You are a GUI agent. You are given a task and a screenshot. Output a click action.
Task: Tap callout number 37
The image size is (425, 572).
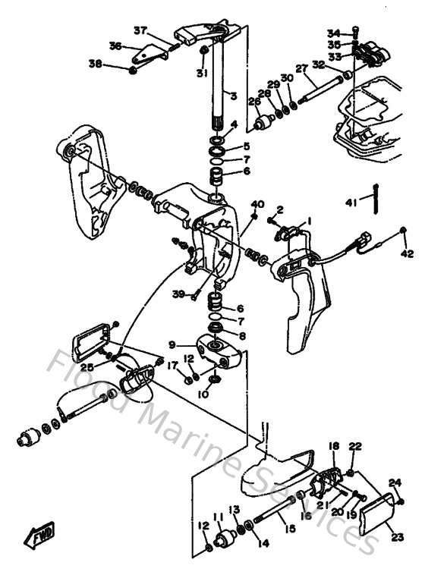(140, 30)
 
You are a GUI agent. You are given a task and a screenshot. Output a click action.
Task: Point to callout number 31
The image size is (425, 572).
(201, 74)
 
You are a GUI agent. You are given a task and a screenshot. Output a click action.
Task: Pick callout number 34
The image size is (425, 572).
(335, 33)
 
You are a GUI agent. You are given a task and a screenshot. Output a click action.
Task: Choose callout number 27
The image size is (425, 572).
(301, 69)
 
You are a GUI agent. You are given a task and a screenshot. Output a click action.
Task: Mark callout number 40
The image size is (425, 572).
(258, 204)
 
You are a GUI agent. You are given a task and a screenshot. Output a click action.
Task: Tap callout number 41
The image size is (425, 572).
(351, 203)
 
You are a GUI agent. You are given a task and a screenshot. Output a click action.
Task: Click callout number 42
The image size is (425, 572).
(407, 253)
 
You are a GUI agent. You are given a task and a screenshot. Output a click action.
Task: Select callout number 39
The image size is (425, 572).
(178, 294)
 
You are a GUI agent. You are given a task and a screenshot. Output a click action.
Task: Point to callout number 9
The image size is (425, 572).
(172, 343)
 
